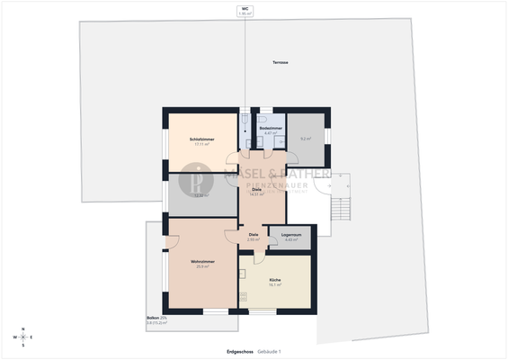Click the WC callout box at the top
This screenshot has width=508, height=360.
(244, 11)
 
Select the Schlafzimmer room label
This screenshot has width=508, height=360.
(201, 139)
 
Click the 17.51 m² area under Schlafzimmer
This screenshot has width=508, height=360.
(201, 144)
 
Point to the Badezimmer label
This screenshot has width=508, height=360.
(270, 129)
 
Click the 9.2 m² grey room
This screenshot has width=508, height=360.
(306, 138)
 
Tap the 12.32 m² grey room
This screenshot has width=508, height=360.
(201, 194)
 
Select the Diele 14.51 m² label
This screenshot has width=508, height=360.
(256, 192)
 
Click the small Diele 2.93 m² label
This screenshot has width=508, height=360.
(254, 237)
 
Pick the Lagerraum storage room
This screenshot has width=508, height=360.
(291, 237)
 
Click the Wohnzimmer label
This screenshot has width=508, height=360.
(201, 261)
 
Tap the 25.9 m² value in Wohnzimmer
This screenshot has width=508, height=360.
(201, 266)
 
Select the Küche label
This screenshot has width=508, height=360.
(275, 279)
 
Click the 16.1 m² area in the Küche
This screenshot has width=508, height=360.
(275, 284)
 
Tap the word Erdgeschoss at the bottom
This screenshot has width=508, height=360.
(239, 351)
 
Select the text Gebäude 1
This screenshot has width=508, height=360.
(270, 351)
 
